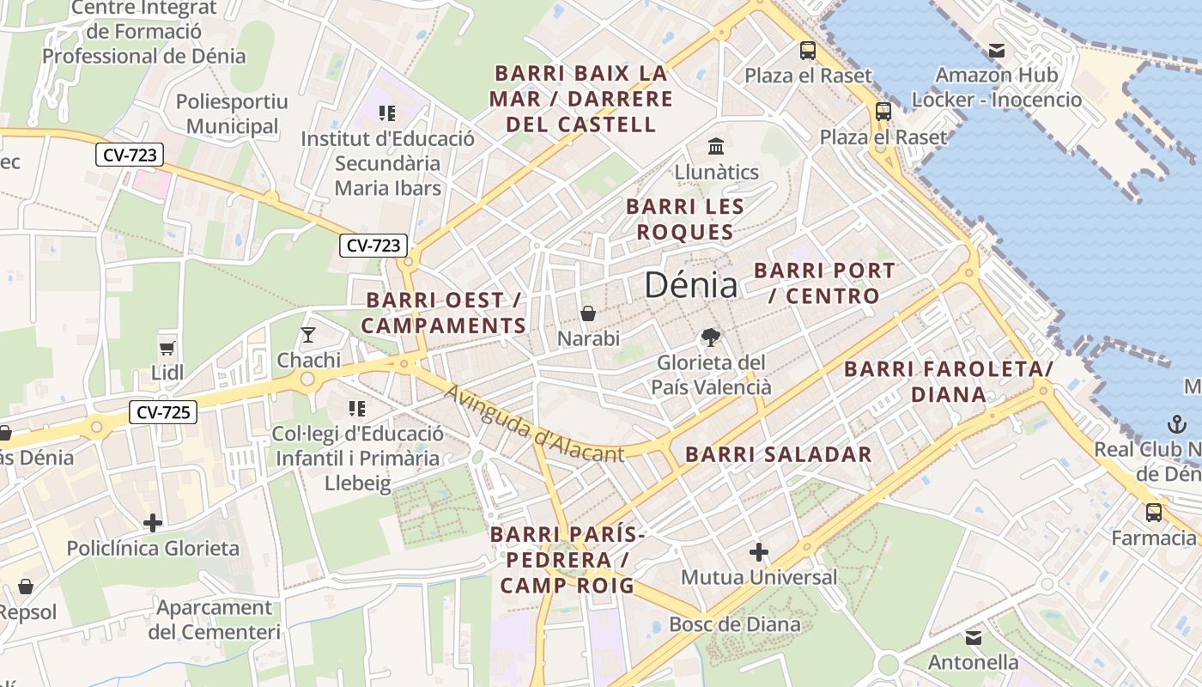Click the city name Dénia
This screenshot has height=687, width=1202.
point(690,285)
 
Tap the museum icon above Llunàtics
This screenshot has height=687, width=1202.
point(715,146)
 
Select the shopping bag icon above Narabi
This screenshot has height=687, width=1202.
point(588,313)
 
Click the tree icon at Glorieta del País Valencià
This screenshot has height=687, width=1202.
point(710,337)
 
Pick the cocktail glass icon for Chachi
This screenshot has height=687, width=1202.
point(308,334)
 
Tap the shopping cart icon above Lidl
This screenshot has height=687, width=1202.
point(167,347)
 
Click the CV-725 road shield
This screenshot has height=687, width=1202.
point(163,413)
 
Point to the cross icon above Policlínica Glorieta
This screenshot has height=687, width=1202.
point(153,522)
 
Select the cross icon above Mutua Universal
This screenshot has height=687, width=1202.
point(758,552)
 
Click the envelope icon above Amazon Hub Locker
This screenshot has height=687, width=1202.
point(996,51)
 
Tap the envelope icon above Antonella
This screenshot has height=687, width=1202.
point(973,638)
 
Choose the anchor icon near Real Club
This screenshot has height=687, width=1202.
point(1176,423)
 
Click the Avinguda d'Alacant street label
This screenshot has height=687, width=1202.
point(534,423)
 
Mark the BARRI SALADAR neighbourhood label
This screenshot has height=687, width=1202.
point(778,454)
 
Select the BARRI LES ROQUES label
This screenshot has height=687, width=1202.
point(684,219)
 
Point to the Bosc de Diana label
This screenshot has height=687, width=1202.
point(734,624)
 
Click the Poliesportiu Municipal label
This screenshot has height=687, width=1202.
point(232,114)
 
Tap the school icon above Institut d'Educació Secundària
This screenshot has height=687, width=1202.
point(387,112)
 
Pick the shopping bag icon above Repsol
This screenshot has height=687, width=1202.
point(26,587)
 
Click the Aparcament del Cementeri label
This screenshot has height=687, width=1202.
point(214,620)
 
